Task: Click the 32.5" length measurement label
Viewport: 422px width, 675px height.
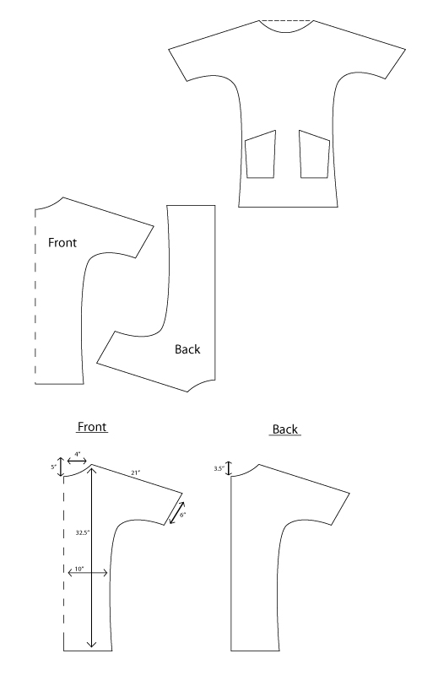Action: click(83, 532)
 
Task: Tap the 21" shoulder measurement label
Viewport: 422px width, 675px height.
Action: click(136, 472)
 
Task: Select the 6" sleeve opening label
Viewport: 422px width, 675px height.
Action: click(182, 515)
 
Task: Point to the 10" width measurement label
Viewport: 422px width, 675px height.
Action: click(79, 569)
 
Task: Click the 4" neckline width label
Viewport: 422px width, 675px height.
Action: click(78, 454)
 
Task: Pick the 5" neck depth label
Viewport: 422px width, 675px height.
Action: click(53, 467)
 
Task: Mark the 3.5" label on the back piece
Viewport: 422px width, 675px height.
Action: click(219, 468)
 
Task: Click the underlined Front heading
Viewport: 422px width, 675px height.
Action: click(92, 427)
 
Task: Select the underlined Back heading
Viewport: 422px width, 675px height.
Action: click(285, 429)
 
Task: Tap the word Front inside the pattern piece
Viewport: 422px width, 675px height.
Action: click(62, 243)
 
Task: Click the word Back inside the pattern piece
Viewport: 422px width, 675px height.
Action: click(187, 349)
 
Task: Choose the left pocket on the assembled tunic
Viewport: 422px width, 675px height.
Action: click(260, 154)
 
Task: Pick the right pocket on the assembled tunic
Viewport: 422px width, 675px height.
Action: click(315, 154)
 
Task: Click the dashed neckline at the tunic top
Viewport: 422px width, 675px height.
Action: click(286, 20)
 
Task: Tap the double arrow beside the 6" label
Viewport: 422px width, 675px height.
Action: click(177, 513)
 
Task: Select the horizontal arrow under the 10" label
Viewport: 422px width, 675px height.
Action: click(88, 573)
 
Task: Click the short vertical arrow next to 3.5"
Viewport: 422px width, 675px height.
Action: click(229, 468)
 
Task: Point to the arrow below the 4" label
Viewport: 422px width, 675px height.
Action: click(78, 461)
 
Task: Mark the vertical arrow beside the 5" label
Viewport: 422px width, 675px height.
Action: click(61, 466)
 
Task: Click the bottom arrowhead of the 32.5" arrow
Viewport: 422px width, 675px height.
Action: click(91, 645)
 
